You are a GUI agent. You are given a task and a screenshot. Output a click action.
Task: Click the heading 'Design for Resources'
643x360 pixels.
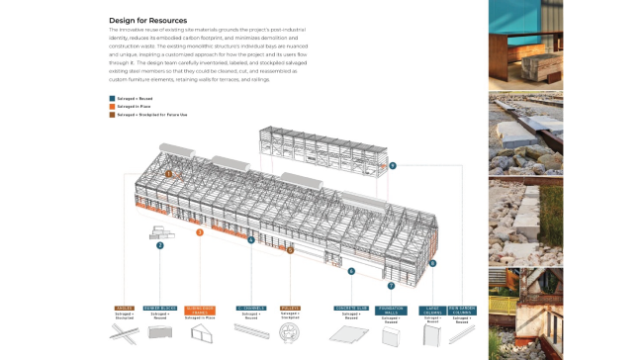click(x=149, y=19)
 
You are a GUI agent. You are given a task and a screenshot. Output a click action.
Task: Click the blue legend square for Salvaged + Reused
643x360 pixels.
click(x=112, y=99)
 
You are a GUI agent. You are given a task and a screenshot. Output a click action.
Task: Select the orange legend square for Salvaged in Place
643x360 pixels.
click(x=112, y=107)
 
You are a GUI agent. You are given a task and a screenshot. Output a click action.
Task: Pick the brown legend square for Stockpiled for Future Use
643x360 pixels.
click(x=112, y=115)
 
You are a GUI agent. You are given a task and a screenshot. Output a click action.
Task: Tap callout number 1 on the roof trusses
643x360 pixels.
click(x=169, y=173)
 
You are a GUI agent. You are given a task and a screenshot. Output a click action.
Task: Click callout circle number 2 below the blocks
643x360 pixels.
click(x=159, y=245)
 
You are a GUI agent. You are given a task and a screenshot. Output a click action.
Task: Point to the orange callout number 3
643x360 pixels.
click(x=200, y=232)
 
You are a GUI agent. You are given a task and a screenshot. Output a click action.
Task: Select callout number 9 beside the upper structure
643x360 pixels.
click(x=393, y=165)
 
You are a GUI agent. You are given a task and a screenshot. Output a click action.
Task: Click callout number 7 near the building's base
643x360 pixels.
click(x=391, y=286)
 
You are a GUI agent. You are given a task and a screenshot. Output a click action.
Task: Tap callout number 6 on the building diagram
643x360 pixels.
click(x=351, y=270)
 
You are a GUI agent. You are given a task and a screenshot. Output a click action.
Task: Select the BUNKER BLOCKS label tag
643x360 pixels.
click(x=159, y=308)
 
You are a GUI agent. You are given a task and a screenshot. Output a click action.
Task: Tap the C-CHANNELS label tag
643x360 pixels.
click(x=251, y=308)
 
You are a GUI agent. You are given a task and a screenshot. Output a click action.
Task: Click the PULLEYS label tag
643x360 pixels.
click(x=290, y=308)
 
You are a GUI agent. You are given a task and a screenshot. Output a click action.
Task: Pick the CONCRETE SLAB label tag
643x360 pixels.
click(x=351, y=308)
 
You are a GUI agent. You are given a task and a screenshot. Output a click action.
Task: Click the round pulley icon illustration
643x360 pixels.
click(x=290, y=336)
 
